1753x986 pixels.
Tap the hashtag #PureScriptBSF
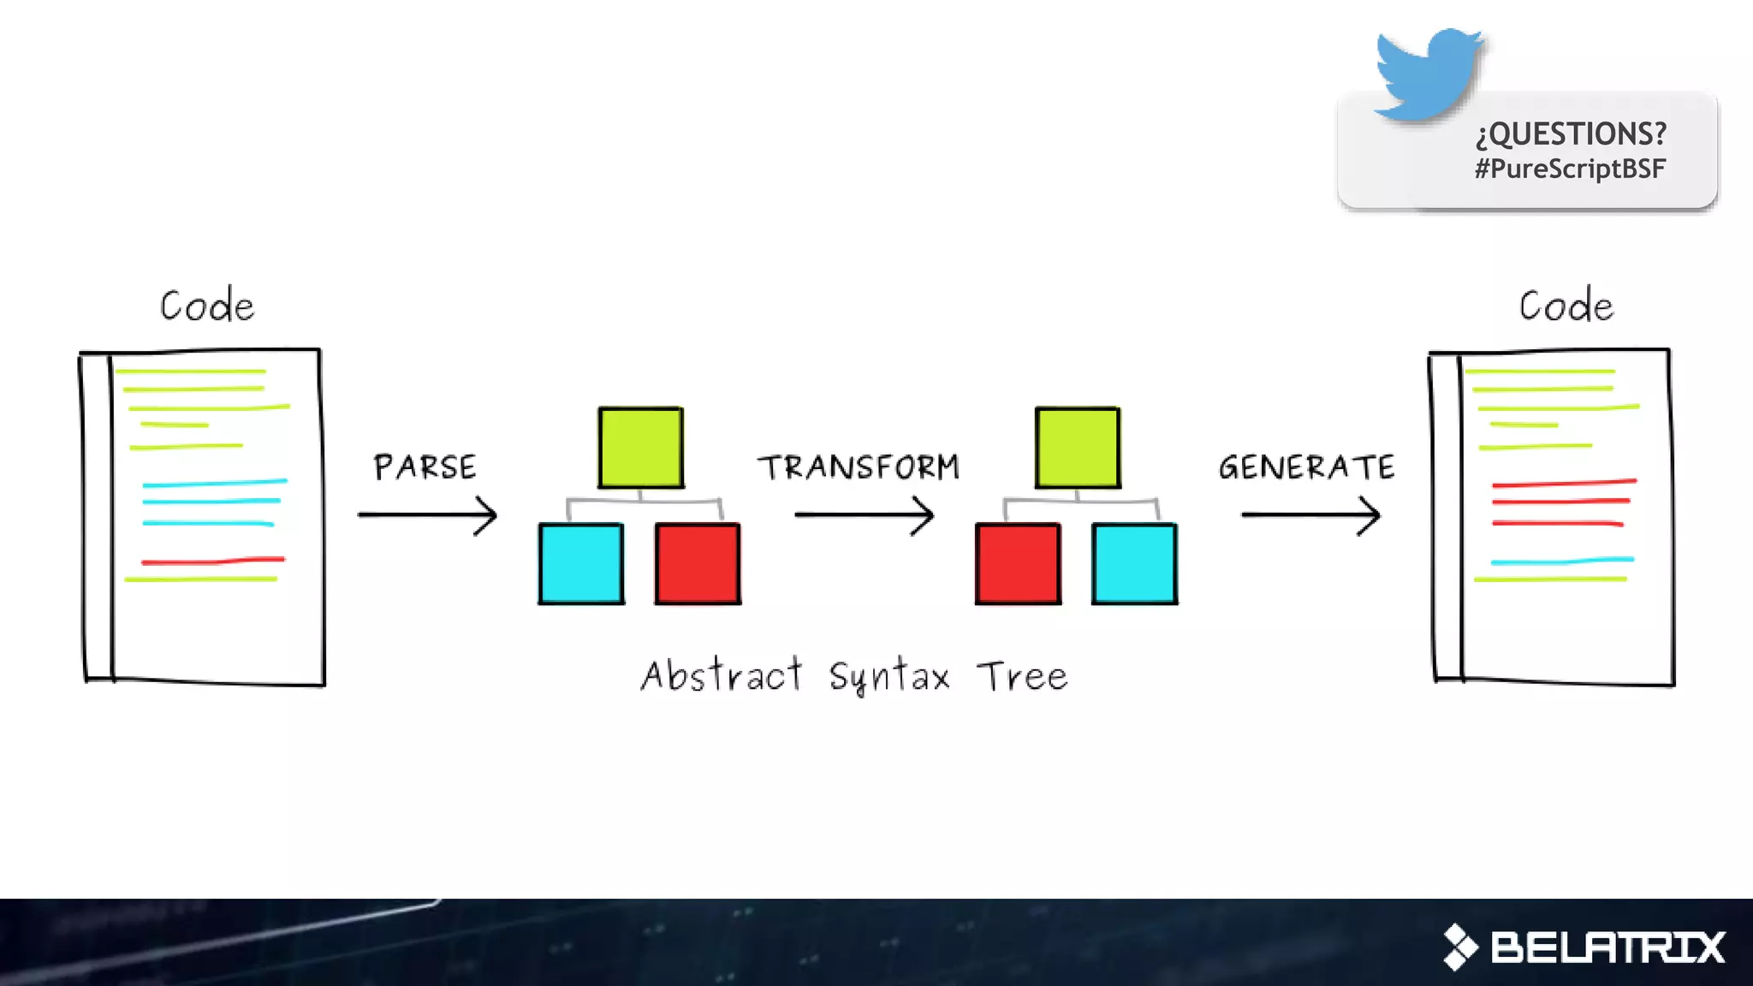1570,169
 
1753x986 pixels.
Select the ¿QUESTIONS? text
1571,134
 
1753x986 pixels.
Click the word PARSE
425,467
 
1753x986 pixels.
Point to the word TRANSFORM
859,467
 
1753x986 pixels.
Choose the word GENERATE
1306,467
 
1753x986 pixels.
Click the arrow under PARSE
427,515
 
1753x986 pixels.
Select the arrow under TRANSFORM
864,515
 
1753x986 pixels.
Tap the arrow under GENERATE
1310,515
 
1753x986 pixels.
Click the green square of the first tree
640,448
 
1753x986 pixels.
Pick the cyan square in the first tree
581,564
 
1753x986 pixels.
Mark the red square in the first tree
698,564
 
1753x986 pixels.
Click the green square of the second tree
1077,448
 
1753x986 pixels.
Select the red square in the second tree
1018,564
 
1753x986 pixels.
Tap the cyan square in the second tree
1134,564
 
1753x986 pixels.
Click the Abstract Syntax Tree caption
854,676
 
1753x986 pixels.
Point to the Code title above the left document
207,306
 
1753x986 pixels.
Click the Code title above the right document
1566,306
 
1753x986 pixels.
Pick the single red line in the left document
213,561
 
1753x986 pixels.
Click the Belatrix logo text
1607,947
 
